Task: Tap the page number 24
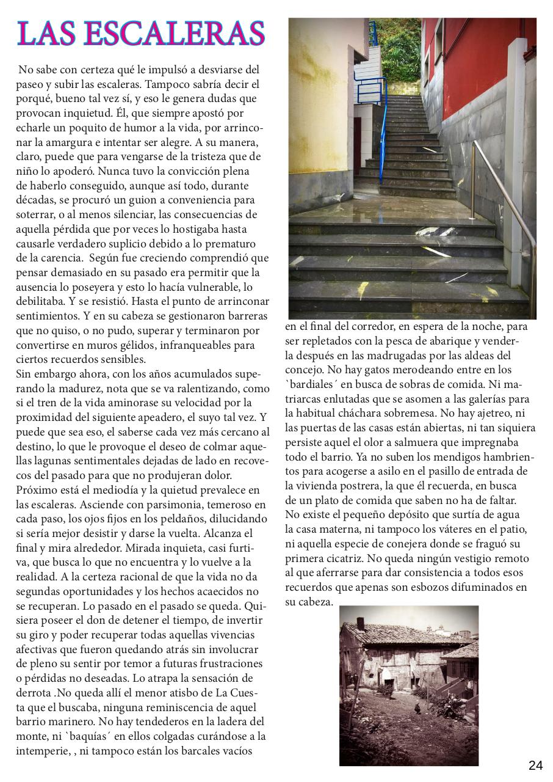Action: (535, 766)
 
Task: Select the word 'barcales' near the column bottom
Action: (191, 751)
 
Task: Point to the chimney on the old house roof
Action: (361, 623)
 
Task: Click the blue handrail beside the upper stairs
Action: (383, 128)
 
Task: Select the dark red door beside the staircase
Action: (358, 144)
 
